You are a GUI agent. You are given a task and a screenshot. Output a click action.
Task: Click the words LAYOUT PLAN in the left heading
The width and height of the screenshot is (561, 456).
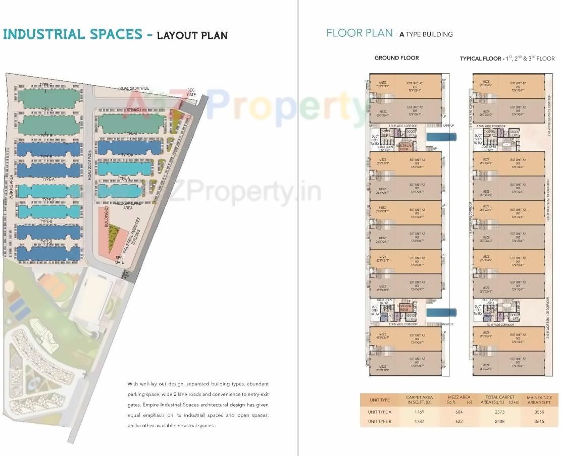pos(192,35)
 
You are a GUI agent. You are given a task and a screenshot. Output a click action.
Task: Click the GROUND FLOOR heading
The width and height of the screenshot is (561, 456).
pos(396,58)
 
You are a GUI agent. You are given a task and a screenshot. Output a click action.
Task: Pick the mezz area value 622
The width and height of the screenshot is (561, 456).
pos(458,421)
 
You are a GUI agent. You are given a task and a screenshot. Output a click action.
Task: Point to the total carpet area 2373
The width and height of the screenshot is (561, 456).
pos(499,412)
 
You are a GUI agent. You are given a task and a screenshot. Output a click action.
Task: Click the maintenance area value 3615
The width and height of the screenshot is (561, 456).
pos(539,421)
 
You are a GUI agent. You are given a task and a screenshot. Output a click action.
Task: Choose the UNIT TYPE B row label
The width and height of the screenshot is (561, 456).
pos(380,421)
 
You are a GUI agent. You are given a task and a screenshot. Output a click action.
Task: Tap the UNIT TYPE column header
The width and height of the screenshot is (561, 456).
pos(380,400)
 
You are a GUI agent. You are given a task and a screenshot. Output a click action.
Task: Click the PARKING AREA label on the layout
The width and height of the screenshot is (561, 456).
pos(10,187)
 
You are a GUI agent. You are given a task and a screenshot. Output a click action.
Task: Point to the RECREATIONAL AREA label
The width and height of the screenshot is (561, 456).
pos(123,205)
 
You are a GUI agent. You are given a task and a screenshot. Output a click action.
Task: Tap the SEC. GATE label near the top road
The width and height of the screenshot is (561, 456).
pos(191,92)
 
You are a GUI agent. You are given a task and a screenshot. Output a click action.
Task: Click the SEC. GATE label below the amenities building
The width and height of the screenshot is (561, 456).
pos(120,260)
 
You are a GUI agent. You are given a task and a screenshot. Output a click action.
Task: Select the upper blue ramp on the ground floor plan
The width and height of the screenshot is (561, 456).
pos(441,137)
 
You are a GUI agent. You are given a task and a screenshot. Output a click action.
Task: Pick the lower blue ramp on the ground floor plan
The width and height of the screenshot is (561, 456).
pos(441,313)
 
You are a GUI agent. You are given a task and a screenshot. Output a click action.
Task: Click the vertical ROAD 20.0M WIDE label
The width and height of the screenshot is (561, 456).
pos(89,164)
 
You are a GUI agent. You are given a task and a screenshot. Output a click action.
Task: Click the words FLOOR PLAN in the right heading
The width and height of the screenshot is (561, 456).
pos(360,33)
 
